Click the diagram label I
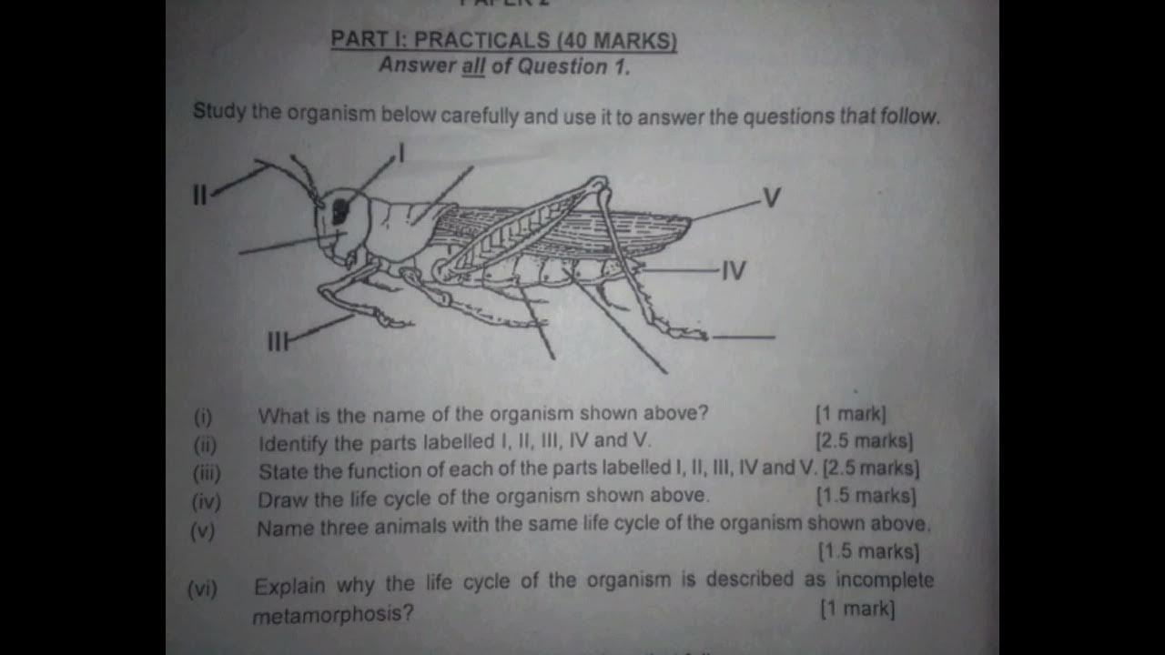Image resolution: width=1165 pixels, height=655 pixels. click(x=400, y=153)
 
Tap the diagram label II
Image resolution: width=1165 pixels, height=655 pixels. click(x=200, y=194)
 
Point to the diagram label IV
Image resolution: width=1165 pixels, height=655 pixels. click(x=734, y=270)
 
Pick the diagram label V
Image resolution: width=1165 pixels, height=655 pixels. click(x=771, y=197)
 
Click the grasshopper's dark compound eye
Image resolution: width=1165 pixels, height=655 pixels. click(x=340, y=210)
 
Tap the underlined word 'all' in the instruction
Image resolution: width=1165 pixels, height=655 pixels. click(x=473, y=66)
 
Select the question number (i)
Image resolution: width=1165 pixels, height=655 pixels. click(x=203, y=418)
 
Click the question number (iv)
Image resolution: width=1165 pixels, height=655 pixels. click(x=206, y=500)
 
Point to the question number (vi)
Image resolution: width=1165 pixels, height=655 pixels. click(x=202, y=589)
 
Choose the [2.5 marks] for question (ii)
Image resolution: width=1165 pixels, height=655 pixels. click(x=865, y=441)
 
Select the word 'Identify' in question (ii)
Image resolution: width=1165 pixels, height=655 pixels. click(x=292, y=444)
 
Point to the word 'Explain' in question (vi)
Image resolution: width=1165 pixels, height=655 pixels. click(x=289, y=585)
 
